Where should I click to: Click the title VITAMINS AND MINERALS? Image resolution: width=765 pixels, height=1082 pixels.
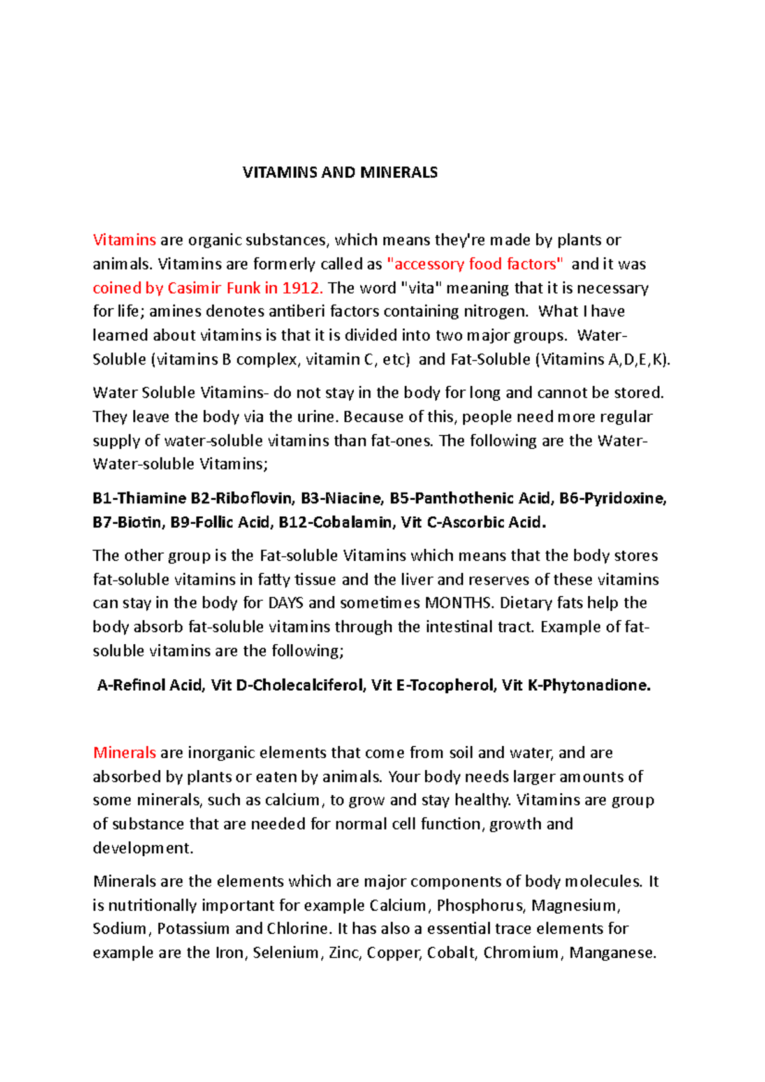click(x=340, y=173)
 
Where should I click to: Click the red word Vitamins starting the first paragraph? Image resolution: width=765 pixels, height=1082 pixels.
click(x=124, y=240)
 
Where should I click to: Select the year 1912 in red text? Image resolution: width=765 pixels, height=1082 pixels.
click(x=300, y=288)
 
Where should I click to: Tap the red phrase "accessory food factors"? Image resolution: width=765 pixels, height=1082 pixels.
click(x=475, y=264)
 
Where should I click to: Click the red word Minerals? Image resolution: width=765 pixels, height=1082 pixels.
click(x=124, y=753)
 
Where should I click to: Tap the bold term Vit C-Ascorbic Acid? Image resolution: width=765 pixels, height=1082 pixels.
click(x=473, y=523)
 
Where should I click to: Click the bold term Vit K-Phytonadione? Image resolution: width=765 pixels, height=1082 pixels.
click(x=576, y=686)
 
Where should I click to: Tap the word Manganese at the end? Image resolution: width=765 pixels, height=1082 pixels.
click(x=612, y=953)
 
